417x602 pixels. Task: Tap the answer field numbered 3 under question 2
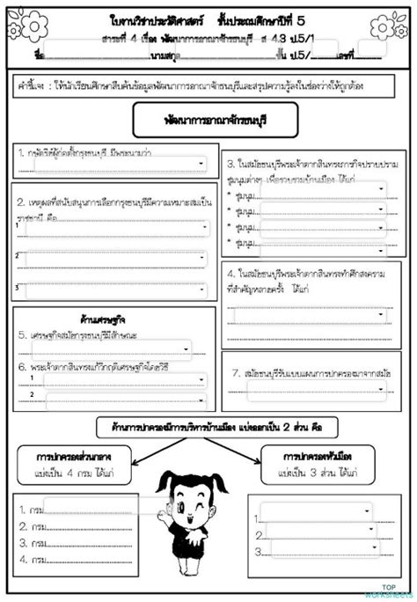point(118,287)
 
